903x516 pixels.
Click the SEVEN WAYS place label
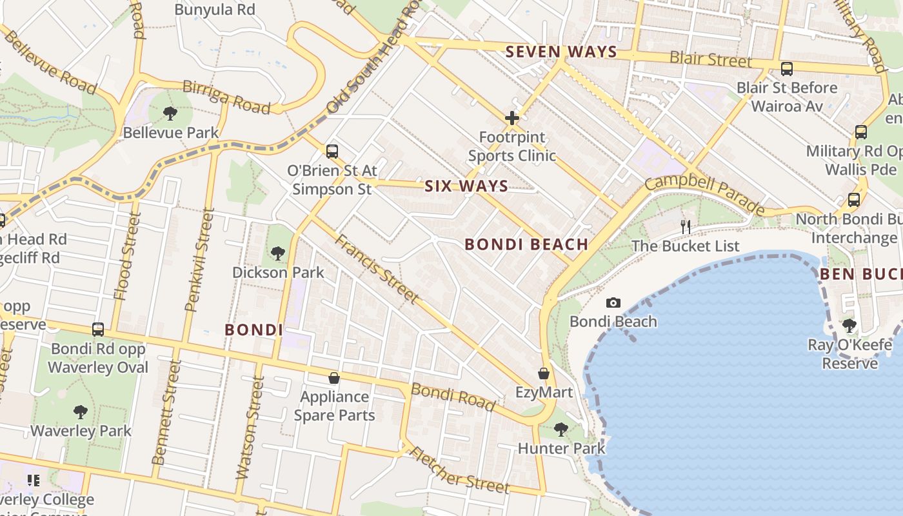[x=561, y=52]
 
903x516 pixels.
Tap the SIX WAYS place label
[x=466, y=186]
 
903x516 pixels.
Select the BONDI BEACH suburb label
[x=526, y=244]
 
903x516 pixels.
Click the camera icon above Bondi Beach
[x=613, y=303]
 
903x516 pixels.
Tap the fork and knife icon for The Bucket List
[x=686, y=226]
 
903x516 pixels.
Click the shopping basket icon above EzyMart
[x=544, y=373]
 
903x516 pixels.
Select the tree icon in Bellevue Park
[x=170, y=114]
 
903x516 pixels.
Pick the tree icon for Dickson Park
[x=278, y=253]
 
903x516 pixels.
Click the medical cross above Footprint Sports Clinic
[x=512, y=118]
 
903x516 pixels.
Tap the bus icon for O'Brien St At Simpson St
[x=332, y=152]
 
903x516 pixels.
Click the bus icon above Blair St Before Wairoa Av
[x=787, y=68]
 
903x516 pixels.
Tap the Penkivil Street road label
[x=199, y=259]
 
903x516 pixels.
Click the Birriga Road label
[x=226, y=97]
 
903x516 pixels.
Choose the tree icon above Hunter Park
[x=561, y=429]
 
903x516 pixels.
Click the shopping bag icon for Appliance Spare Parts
[x=334, y=377]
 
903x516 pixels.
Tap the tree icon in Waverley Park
[x=81, y=412]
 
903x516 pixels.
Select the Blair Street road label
[x=711, y=59]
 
